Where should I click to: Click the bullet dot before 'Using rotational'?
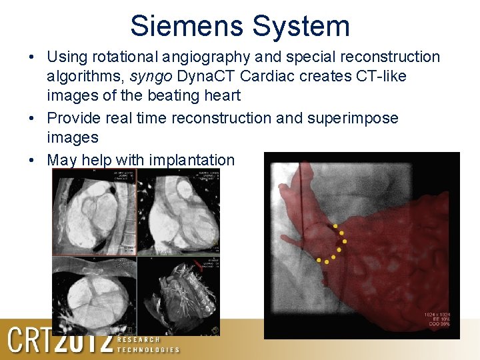tap(33, 57)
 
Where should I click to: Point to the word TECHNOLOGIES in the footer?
tap(148, 349)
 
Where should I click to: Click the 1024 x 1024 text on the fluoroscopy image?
tap(437, 314)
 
